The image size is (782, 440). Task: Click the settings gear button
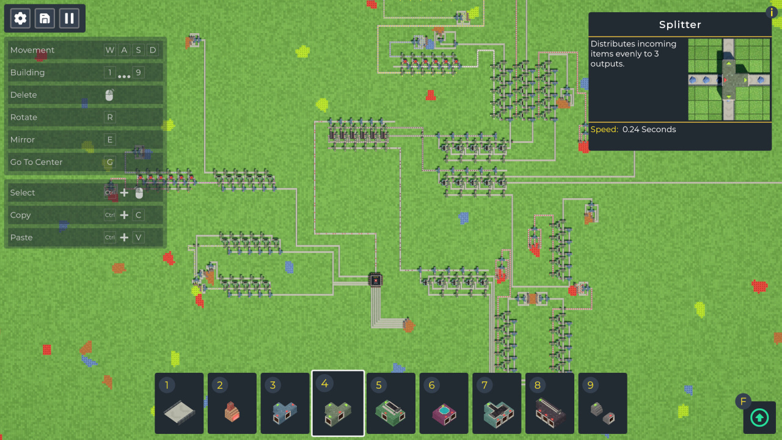click(x=20, y=18)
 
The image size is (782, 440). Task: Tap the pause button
click(x=69, y=18)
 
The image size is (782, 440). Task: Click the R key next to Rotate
click(x=110, y=117)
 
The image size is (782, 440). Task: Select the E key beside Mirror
click(x=110, y=140)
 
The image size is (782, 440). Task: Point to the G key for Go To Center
click(x=110, y=163)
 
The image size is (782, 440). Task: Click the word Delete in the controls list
click(x=23, y=95)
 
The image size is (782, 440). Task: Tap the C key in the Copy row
click(x=139, y=215)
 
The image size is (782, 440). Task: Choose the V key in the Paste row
click(x=139, y=238)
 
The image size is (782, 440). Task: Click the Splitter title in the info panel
click(x=680, y=25)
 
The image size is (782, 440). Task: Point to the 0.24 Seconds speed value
click(x=649, y=130)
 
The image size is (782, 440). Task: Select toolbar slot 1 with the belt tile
click(x=179, y=403)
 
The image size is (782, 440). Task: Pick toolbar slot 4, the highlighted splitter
click(x=338, y=403)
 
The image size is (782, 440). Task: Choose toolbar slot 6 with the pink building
click(x=444, y=403)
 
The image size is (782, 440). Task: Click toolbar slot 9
click(x=603, y=403)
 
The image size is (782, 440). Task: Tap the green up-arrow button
click(x=759, y=417)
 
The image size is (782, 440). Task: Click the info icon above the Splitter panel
click(x=772, y=12)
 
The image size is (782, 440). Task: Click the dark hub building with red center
click(x=376, y=280)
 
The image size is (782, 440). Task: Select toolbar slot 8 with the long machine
click(x=550, y=403)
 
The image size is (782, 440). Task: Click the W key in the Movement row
click(x=110, y=50)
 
